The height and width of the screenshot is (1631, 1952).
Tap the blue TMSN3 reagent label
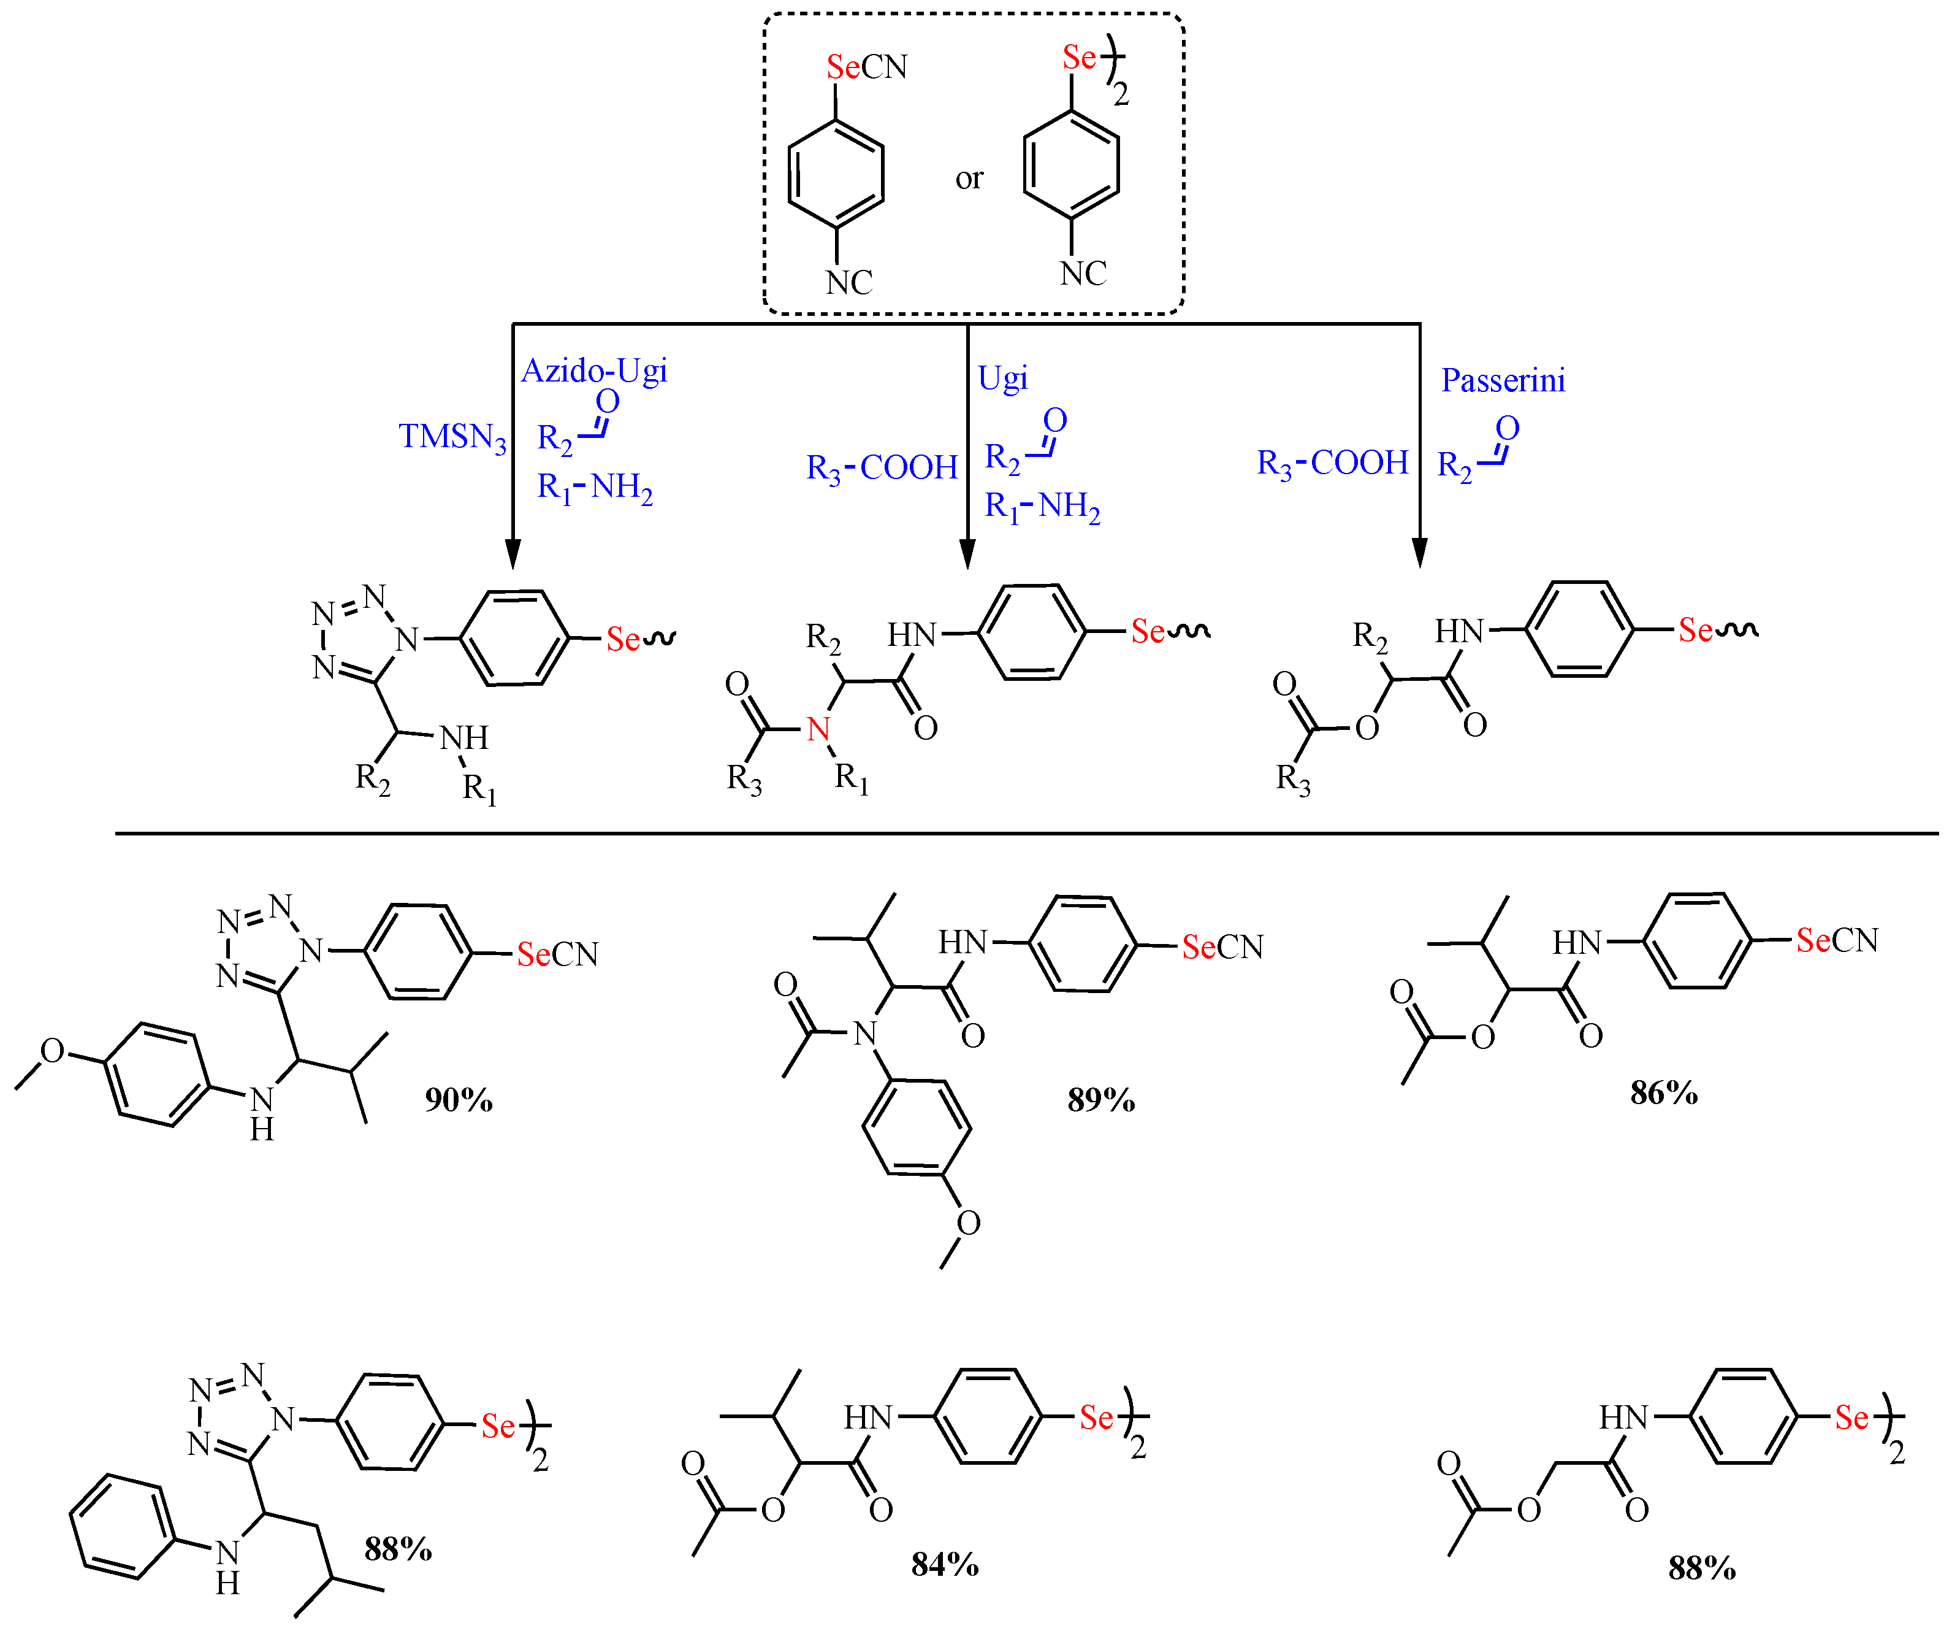452,436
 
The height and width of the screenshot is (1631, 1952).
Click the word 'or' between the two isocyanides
969,178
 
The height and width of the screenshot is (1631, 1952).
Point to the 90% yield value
458,1100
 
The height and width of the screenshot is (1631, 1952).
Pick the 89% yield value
1100,1100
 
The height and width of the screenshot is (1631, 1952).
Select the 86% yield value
1664,1092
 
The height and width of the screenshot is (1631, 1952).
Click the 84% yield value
944,1564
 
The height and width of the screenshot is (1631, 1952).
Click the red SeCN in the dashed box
843,67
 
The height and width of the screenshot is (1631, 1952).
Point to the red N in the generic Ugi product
818,729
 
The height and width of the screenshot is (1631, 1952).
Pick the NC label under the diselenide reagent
1083,274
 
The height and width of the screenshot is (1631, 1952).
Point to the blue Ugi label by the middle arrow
1002,378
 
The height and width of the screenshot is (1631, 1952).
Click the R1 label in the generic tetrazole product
479,789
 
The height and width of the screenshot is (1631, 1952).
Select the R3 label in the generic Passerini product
1292,778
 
